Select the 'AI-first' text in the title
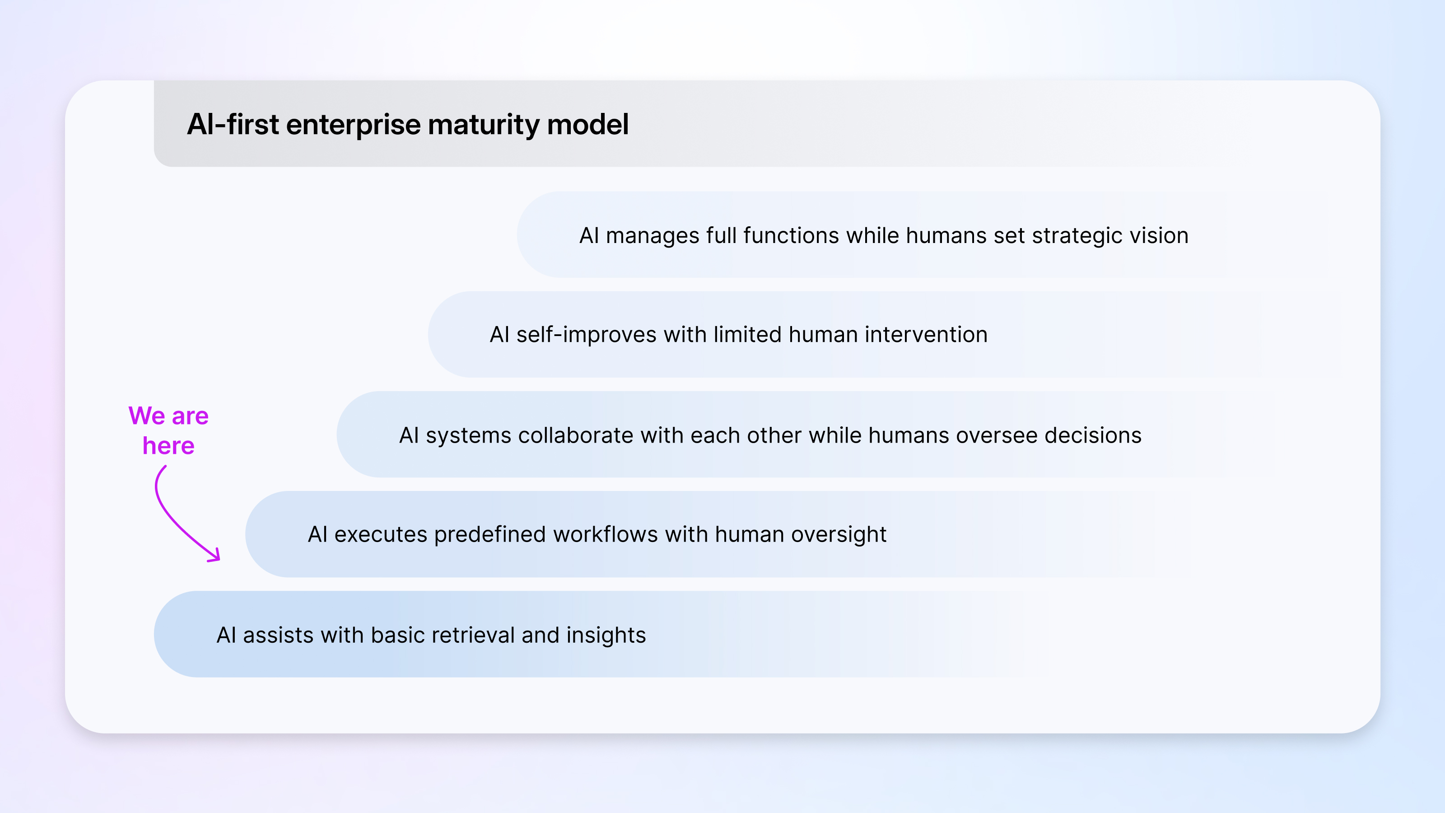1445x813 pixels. click(x=233, y=124)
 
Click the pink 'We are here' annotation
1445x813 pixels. click(x=168, y=430)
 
